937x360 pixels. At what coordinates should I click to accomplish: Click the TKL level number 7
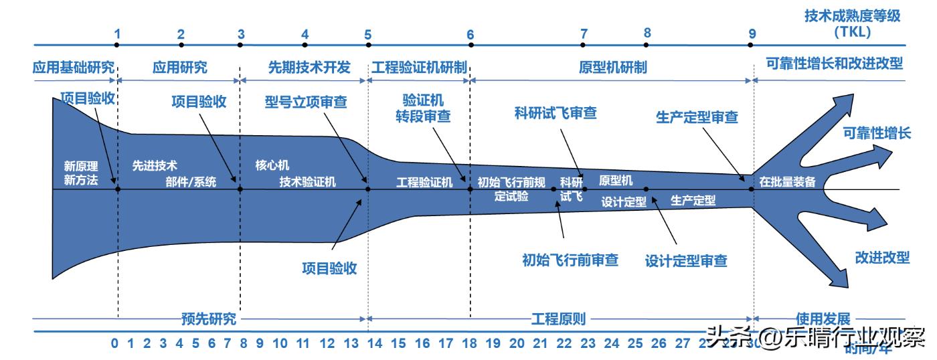click(x=584, y=33)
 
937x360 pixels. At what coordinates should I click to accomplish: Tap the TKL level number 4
click(x=305, y=33)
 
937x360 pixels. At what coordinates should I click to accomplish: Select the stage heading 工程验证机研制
click(x=419, y=67)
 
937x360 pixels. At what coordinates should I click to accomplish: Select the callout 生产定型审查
click(x=696, y=117)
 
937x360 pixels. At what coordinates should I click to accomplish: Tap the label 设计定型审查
click(x=686, y=260)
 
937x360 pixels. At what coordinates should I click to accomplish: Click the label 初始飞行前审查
click(x=570, y=260)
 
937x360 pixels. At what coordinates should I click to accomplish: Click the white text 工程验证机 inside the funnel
click(x=424, y=181)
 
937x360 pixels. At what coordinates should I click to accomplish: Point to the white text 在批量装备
click(x=787, y=181)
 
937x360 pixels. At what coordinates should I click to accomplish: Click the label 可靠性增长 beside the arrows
click(x=877, y=132)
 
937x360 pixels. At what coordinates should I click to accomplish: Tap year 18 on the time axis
click(x=470, y=344)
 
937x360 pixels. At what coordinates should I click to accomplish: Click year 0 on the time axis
click(x=114, y=344)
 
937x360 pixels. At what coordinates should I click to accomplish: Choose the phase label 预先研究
click(x=209, y=319)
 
